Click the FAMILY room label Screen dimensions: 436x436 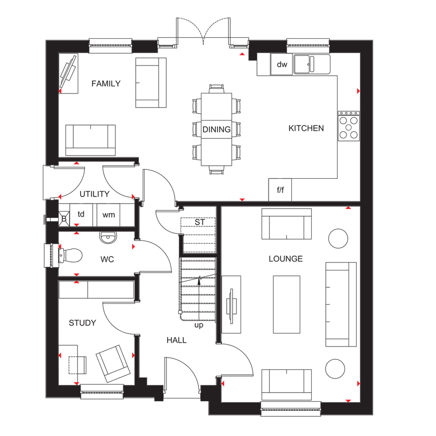(106, 83)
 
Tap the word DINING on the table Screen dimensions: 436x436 (217, 129)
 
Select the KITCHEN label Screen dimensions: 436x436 (306, 128)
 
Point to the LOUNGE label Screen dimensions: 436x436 (286, 259)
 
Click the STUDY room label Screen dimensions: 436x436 (82, 323)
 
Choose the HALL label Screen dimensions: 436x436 (177, 340)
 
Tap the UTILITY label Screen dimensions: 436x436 (95, 194)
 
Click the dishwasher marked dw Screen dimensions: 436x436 (281, 65)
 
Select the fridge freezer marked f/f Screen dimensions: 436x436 (280, 189)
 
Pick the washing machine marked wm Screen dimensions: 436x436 (109, 215)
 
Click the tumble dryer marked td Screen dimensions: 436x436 (81, 215)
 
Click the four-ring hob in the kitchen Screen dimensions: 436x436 (349, 126)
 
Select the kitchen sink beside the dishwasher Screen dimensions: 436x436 (312, 65)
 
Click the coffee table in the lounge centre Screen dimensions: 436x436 (287, 304)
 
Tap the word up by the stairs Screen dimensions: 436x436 (199, 325)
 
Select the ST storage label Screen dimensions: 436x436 (200, 222)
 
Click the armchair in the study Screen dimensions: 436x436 (113, 364)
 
